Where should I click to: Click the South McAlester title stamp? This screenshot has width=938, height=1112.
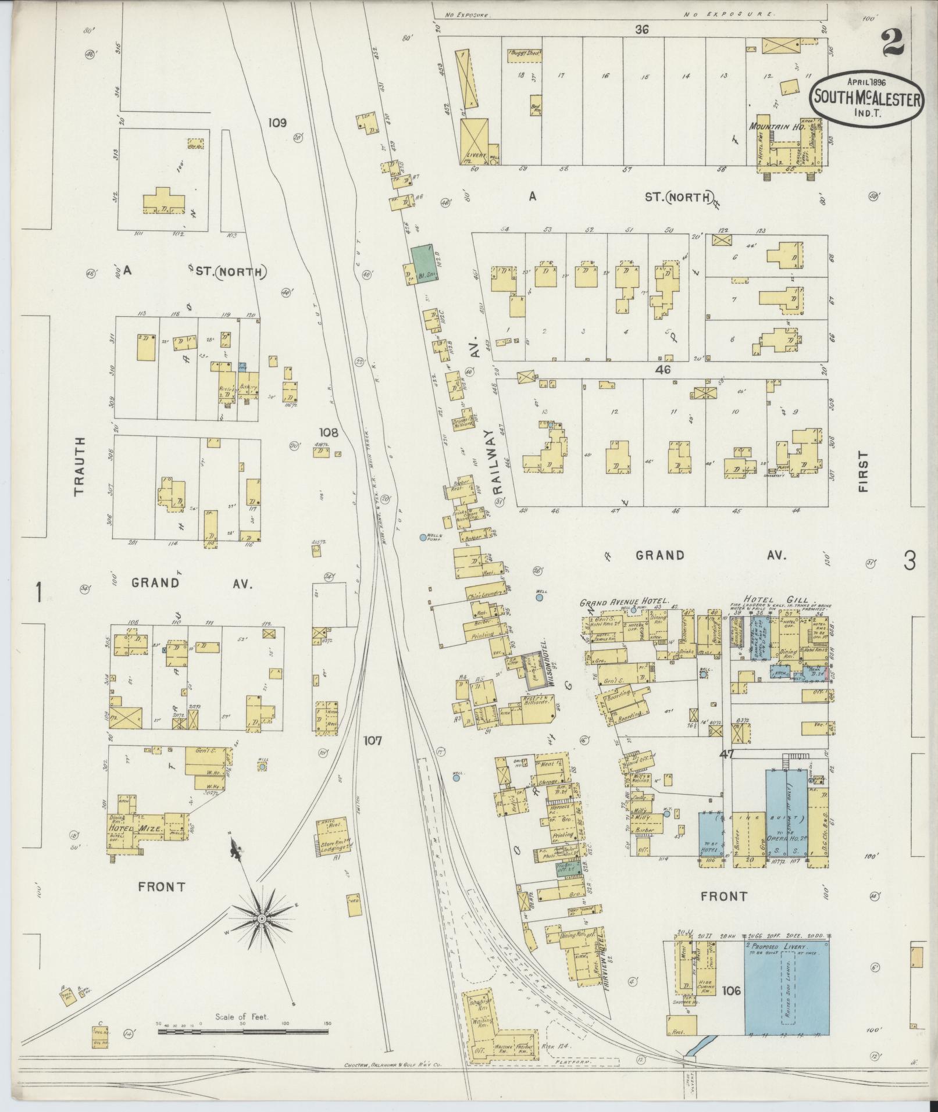[866, 98]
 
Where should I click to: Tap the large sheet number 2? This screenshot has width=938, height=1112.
[896, 42]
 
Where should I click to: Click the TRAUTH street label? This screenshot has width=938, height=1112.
[80, 466]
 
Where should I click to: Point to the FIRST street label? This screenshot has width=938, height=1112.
[864, 472]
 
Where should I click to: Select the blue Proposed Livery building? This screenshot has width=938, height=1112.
[787, 988]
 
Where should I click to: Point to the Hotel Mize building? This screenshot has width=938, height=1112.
[138, 828]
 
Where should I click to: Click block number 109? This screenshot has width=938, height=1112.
[278, 123]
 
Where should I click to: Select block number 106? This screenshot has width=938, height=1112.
[731, 990]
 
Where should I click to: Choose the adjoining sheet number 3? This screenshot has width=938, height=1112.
[910, 560]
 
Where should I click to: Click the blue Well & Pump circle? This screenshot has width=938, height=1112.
[423, 538]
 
